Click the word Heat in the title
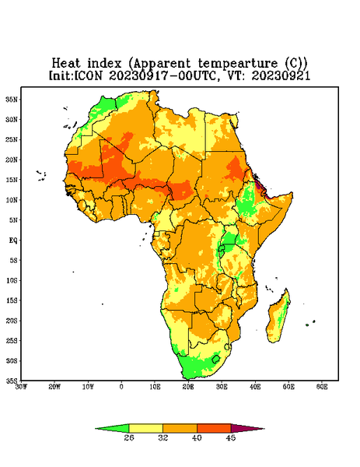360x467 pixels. pos(66,64)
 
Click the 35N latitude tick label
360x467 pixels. pos(12,100)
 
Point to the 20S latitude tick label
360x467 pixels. pos(12,321)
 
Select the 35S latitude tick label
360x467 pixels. pos(12,381)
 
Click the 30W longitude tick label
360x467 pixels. pos(21,387)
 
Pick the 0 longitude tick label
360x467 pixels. pos(121,387)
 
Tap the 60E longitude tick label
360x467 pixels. pos(322,387)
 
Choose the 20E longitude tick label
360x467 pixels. pos(188,387)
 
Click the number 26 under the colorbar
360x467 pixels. pos(129,437)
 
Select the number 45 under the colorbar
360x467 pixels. pos(231,437)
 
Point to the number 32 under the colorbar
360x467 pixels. pos(163,437)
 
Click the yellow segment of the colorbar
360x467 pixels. pos(145,428)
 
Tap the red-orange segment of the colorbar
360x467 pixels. pos(214,428)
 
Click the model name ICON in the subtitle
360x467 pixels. pos(88,75)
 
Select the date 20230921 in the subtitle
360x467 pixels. pos(281,75)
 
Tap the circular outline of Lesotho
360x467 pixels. pos(215,359)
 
